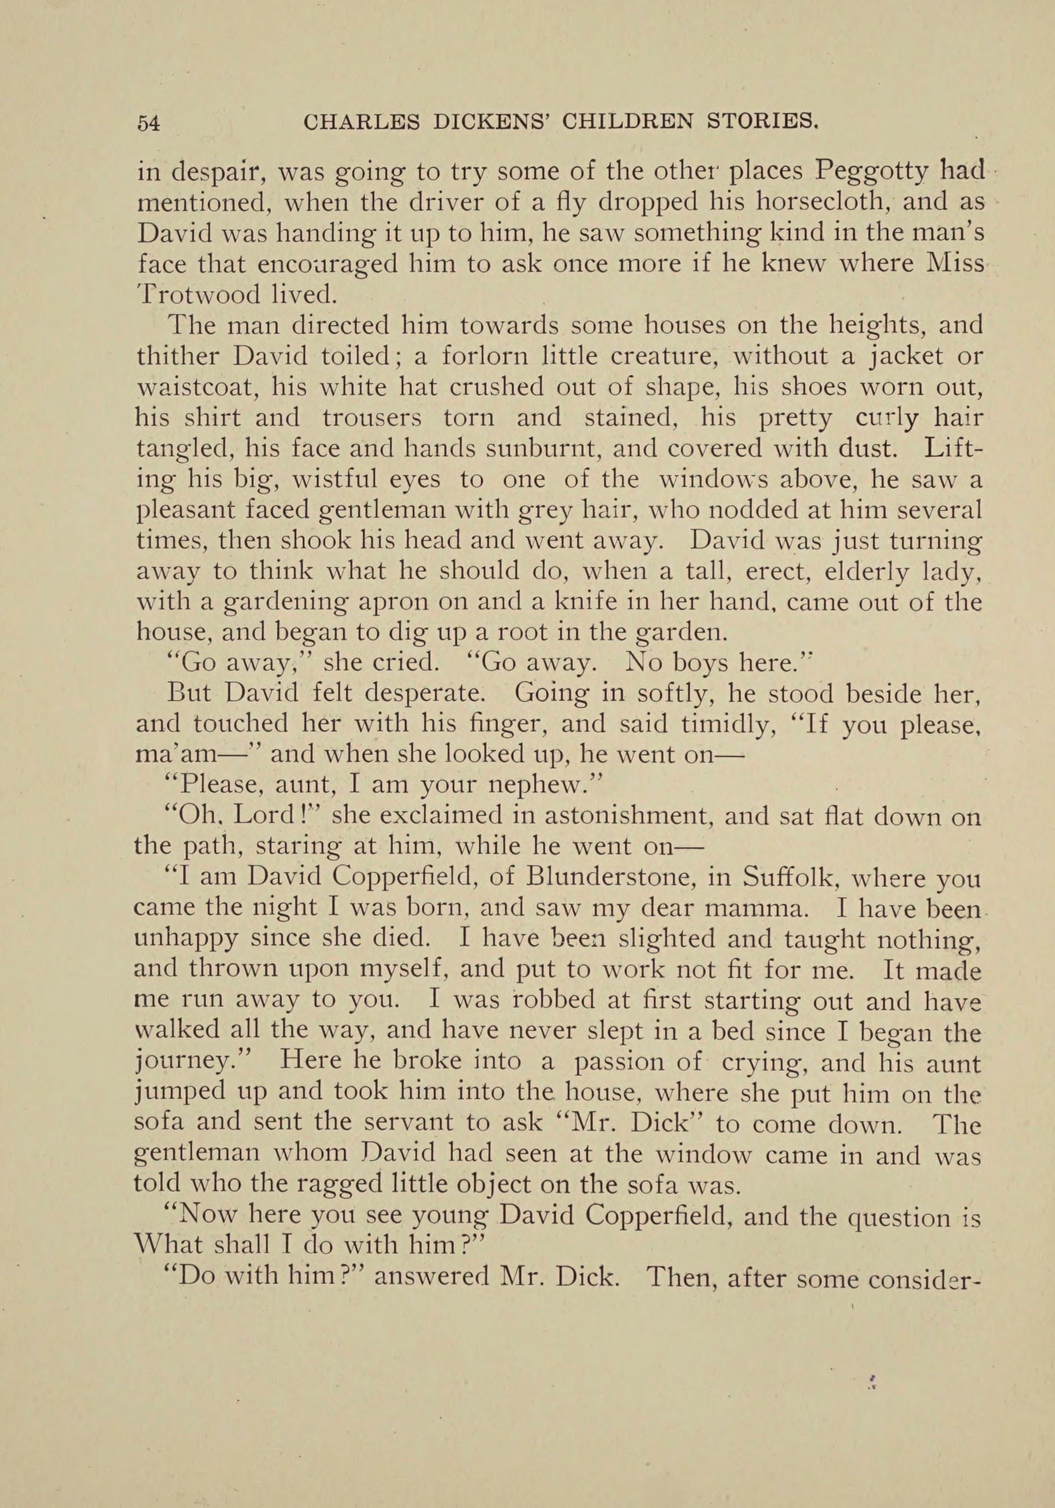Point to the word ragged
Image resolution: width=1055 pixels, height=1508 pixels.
tap(333, 1186)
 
